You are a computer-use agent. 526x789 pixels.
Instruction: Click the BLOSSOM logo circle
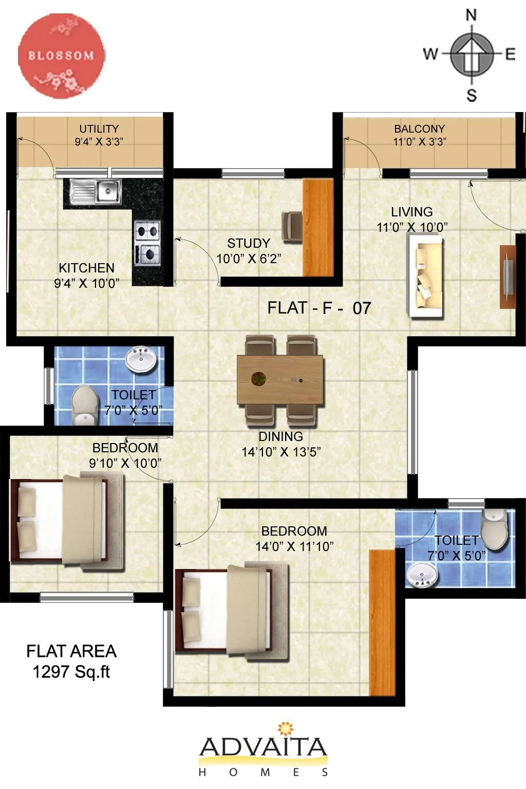(x=62, y=56)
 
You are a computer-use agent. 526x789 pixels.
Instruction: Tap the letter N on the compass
(x=471, y=15)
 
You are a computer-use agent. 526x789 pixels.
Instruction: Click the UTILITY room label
(x=99, y=129)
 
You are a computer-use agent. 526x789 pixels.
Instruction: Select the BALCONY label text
(x=419, y=129)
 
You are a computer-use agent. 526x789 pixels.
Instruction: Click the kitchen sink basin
(x=108, y=191)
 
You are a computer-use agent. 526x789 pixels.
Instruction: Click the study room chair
(x=292, y=226)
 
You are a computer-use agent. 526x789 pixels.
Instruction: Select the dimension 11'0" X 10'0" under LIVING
(x=412, y=227)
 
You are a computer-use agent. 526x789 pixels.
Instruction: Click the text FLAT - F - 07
(x=319, y=308)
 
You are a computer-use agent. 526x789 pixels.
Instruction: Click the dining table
(x=280, y=379)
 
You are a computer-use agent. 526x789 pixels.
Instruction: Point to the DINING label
(x=280, y=436)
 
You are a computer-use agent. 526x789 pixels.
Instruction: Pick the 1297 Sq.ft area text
(x=71, y=672)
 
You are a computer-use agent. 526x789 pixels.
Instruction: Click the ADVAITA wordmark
(x=263, y=748)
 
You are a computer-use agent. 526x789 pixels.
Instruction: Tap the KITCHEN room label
(x=86, y=268)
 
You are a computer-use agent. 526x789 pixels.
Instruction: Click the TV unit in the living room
(x=508, y=277)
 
